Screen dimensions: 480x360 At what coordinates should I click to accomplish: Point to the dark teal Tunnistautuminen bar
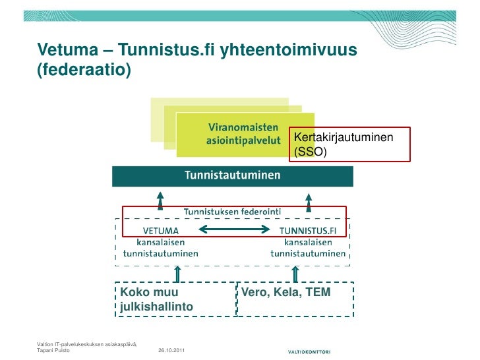[232, 176]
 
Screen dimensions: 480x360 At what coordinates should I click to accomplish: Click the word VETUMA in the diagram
[160, 231]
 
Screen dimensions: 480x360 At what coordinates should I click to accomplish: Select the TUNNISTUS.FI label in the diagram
[308, 231]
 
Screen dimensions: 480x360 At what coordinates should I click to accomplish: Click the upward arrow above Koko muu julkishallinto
[176, 274]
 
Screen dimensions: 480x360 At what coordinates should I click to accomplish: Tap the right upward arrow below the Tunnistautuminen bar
[308, 198]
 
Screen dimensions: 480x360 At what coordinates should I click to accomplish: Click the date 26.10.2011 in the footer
[171, 350]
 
